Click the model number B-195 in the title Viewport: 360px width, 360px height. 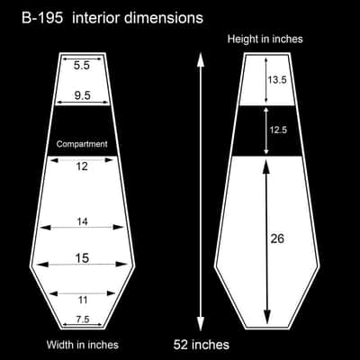pos(42,18)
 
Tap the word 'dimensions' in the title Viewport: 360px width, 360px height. pos(164,18)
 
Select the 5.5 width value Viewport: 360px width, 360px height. pos(82,66)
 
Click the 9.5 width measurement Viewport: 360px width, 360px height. pos(82,95)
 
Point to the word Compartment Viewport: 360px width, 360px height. pos(82,144)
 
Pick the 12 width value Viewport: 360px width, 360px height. pos(82,166)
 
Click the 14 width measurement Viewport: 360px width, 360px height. pos(82,221)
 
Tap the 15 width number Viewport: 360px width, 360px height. pos(82,257)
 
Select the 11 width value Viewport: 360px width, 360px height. pos(83,300)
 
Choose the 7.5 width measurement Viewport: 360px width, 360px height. pos(83,319)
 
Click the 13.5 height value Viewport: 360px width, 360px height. pos(277,80)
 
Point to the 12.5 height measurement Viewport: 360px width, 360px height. pos(278,130)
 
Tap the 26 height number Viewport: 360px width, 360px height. pos(277,238)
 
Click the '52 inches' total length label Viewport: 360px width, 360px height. pos(202,345)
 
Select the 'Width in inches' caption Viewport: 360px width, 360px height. pos(83,345)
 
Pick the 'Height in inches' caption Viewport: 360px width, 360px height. pos(265,39)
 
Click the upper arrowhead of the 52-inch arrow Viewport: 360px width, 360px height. pos(201,61)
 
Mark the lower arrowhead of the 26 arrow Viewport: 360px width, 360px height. pos(266,318)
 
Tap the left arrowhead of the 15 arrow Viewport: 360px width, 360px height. pos(42,265)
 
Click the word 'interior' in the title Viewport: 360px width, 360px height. pos(95,18)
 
